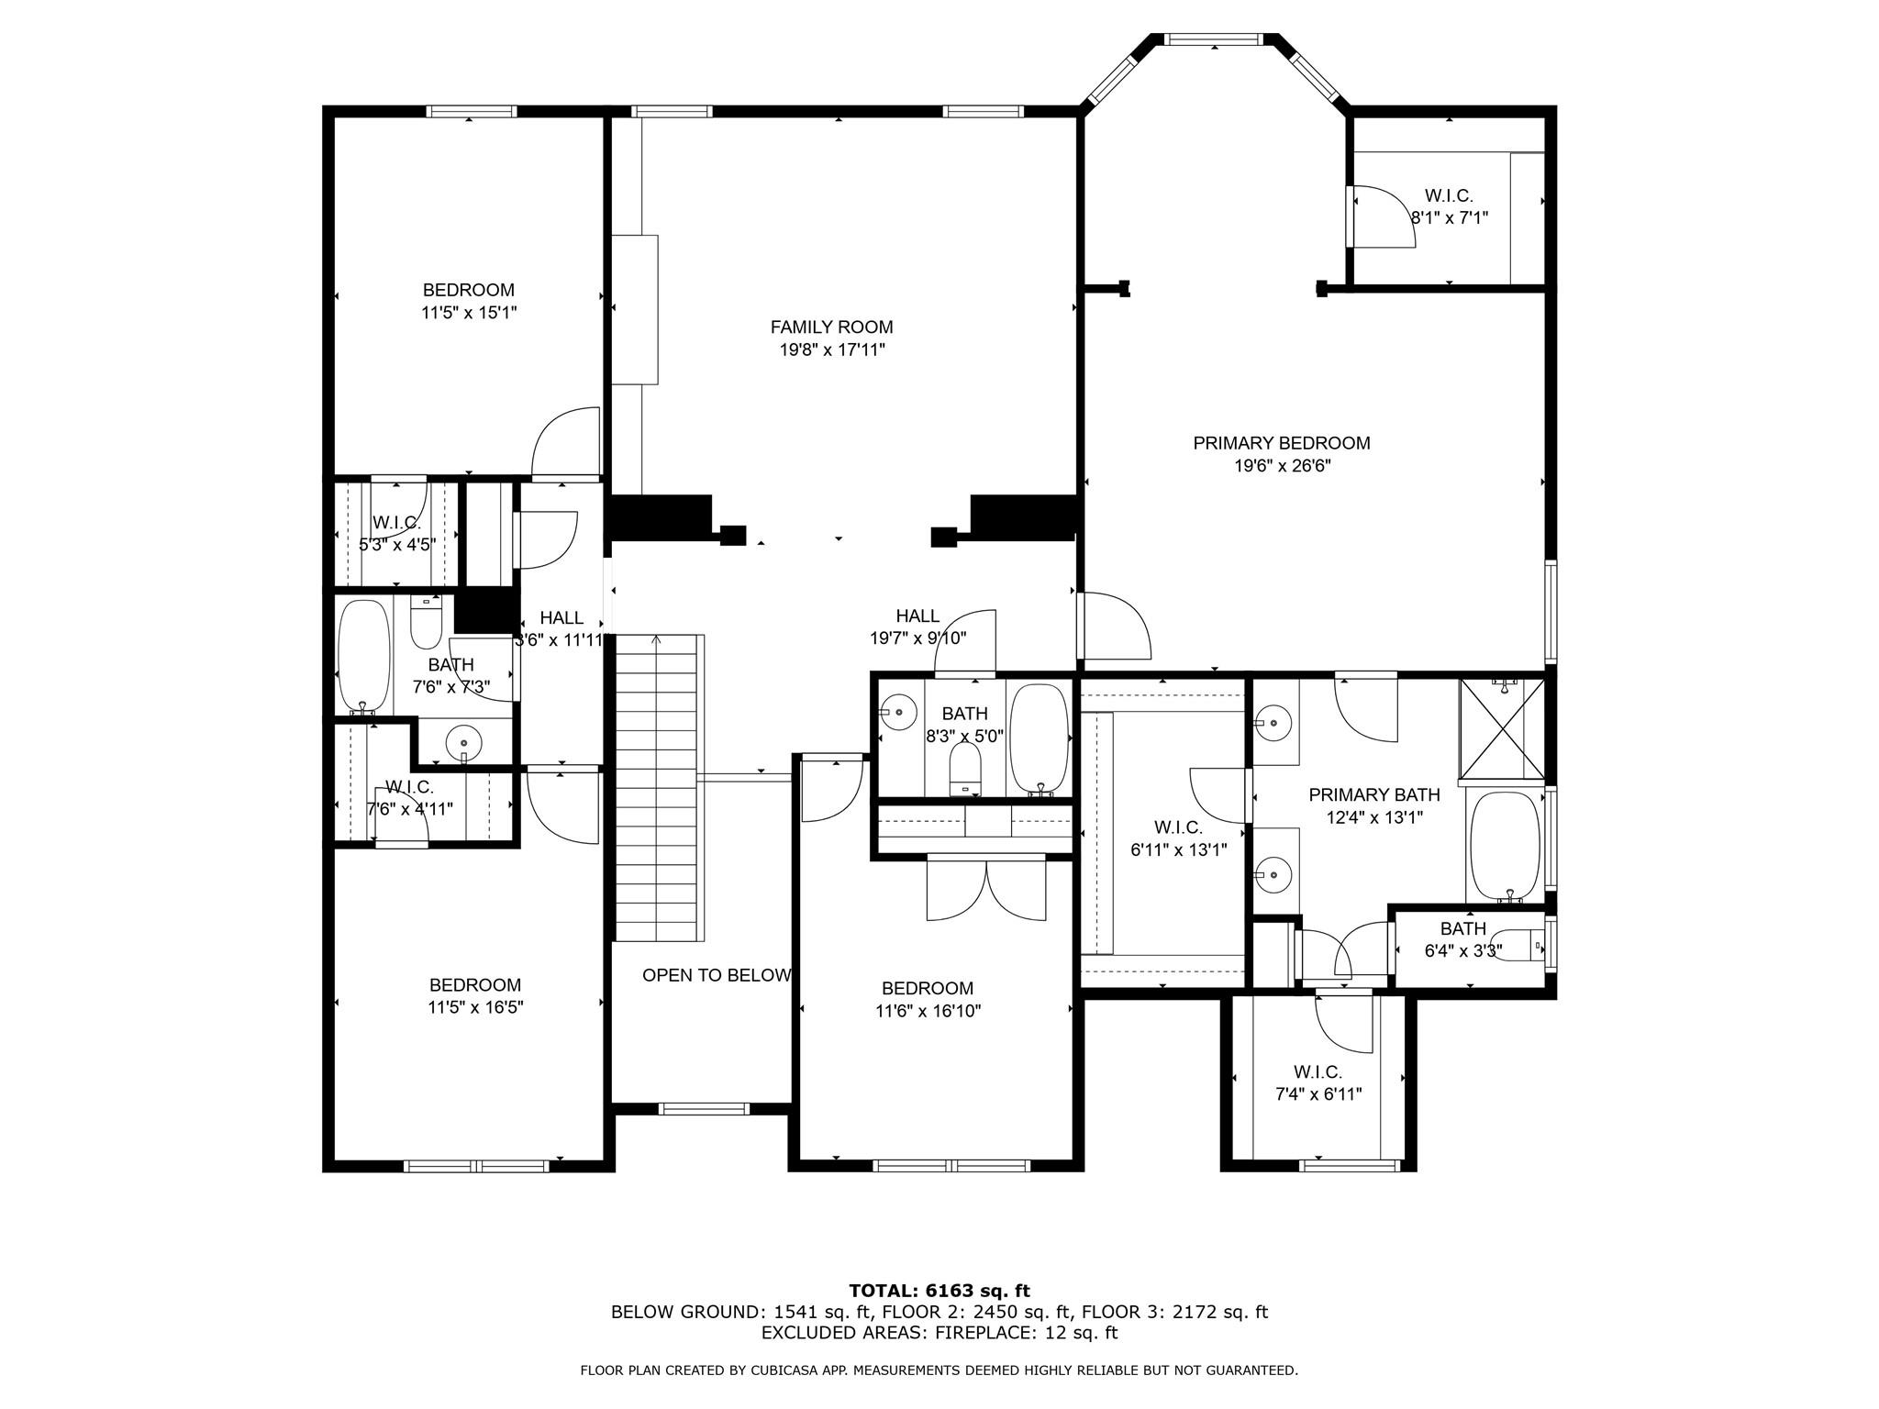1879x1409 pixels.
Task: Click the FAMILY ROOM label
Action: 831,327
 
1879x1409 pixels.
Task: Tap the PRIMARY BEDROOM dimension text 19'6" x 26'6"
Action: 1282,466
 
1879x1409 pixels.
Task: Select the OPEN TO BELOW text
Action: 716,975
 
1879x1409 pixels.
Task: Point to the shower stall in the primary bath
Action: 1502,729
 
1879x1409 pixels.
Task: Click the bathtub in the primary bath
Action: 1505,846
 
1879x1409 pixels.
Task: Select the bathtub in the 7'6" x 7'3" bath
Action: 363,655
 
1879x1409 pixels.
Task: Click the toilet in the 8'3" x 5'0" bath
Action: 964,767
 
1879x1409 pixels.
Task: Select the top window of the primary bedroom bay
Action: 1214,39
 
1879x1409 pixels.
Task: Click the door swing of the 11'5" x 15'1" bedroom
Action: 567,443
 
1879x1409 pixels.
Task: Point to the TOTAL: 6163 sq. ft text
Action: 939,1291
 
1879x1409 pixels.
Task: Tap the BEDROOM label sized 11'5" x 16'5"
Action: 474,985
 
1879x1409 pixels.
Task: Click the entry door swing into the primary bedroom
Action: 1116,627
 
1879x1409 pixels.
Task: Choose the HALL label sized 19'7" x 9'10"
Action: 917,616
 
